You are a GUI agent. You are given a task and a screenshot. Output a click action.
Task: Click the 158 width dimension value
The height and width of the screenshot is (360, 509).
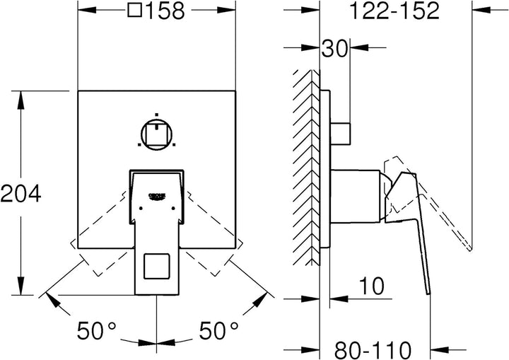point(165,11)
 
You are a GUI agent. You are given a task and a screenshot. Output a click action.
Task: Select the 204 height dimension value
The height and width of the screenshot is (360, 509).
point(21,193)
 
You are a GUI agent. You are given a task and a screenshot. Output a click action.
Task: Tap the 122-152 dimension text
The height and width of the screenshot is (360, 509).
point(394,11)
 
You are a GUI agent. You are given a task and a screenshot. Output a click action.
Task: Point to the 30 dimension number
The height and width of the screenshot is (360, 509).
point(334,49)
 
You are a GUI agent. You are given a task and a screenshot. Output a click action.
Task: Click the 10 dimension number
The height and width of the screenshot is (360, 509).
point(372,286)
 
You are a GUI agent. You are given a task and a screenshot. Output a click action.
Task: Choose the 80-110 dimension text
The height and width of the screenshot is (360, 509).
point(373,350)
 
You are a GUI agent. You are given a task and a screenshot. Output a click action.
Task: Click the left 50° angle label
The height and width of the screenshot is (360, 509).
point(96,330)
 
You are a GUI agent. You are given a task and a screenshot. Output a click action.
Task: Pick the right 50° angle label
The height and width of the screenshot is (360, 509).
point(218,330)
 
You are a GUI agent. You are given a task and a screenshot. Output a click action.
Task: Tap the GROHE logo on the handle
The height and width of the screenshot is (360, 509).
point(157,197)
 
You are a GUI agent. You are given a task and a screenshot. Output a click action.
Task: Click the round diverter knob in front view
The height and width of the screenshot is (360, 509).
point(156,134)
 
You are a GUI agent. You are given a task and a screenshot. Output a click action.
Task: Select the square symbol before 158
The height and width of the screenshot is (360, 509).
point(135,10)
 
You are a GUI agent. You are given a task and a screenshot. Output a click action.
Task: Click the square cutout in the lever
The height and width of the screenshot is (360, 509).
point(157,266)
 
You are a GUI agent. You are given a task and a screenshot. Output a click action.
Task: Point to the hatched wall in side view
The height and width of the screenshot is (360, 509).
point(306,168)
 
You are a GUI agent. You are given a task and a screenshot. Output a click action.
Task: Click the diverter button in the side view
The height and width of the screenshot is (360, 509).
point(341,134)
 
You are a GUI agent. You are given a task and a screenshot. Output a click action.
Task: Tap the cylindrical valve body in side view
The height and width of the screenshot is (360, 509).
point(355,196)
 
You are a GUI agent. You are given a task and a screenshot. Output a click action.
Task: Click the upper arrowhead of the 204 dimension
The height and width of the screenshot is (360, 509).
point(21,100)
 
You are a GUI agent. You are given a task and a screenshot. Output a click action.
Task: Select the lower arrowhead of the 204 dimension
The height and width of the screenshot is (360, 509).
point(21,286)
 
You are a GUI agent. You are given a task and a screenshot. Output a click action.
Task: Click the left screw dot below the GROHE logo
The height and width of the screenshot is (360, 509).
point(141,208)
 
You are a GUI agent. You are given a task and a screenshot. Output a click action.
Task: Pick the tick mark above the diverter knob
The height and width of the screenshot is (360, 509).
point(156,115)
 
